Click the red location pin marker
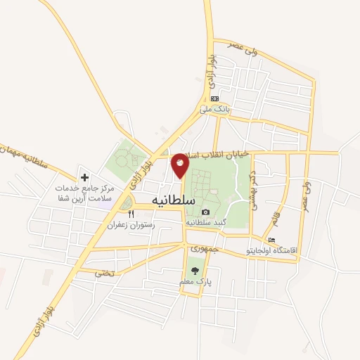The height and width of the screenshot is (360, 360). tap(180, 165)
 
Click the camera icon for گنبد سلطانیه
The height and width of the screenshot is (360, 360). tap(205, 212)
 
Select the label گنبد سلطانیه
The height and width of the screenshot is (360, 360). tap(205, 221)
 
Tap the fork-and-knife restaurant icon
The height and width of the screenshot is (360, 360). tap(130, 214)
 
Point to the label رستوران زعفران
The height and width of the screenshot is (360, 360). tap(130, 225)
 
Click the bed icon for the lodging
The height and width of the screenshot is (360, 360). tap(272, 240)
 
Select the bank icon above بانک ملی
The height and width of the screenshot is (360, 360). tap(214, 98)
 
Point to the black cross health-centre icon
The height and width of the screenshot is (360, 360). tap(84, 178)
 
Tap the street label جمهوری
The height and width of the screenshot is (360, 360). tap(206, 248)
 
